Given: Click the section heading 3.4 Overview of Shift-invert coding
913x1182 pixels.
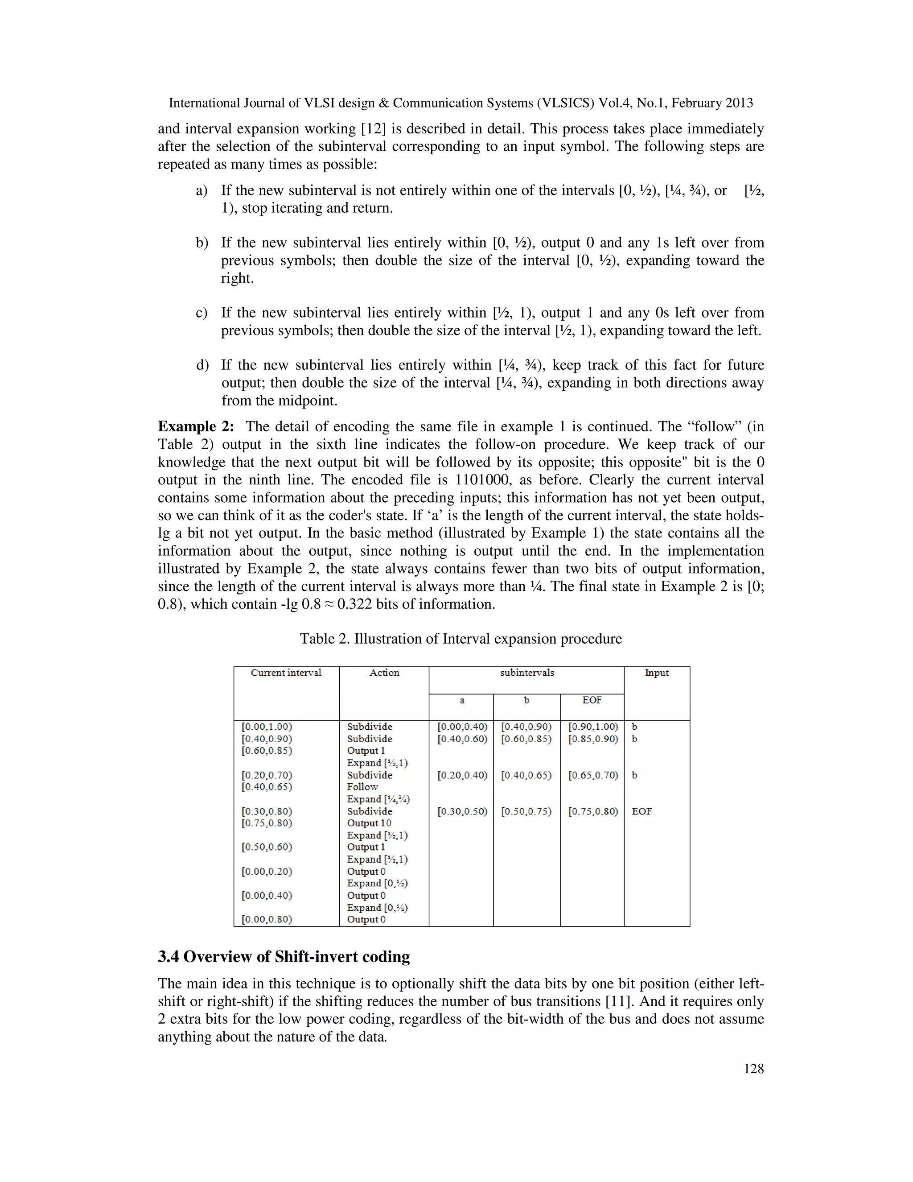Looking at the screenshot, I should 284,956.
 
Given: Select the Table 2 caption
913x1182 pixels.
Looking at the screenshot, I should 461,639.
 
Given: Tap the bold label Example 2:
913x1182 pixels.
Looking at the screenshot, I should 196,426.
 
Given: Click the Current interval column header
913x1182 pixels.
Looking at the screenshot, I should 286,673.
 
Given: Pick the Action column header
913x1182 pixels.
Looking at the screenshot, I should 384,673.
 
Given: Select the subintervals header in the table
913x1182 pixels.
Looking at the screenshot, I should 526,673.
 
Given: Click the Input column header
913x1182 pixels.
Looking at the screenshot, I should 657,673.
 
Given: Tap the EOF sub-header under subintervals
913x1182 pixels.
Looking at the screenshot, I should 592,700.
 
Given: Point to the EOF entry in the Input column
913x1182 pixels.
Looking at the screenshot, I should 642,811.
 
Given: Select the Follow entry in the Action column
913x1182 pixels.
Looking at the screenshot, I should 362,787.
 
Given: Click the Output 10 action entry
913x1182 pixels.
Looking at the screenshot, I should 369,823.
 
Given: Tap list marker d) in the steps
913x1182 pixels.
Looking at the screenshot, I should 202,365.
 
